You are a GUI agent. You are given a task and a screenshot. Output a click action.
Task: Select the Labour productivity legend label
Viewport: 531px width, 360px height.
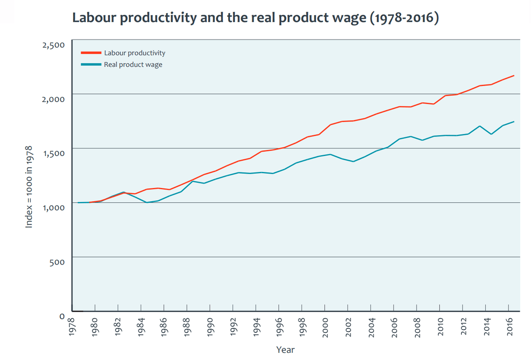pos(135,53)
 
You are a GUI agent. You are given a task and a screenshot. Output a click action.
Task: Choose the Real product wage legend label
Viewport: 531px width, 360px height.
pos(133,65)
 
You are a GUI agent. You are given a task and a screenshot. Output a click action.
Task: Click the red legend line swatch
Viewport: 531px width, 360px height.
pos(91,53)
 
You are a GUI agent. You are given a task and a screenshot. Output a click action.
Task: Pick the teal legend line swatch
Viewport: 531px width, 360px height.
pos(91,65)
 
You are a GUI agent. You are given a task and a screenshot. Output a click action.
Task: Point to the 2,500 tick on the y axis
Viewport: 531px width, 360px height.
pos(54,45)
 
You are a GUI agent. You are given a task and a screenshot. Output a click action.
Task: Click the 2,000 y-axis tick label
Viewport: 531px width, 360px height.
pos(54,99)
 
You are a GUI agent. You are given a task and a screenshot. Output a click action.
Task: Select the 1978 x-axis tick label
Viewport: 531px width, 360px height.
pos(72,328)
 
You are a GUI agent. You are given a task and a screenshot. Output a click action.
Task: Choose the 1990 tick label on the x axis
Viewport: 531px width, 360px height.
pos(210,328)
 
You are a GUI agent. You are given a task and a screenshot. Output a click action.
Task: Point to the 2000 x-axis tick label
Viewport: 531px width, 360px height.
pos(325,328)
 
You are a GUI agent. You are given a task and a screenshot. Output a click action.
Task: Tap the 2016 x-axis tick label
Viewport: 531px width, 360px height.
pos(509,328)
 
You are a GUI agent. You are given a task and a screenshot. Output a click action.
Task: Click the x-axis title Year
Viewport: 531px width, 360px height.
pos(285,350)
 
